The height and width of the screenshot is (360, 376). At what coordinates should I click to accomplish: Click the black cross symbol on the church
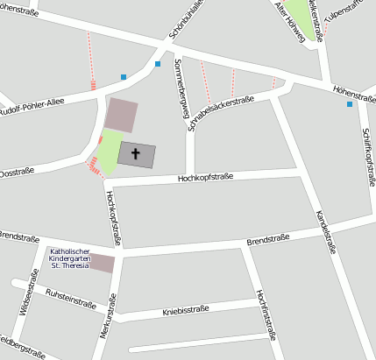coord(136,154)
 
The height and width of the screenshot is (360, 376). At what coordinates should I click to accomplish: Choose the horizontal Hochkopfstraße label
coord(204,177)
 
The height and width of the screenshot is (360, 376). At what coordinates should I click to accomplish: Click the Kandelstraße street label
coord(326,229)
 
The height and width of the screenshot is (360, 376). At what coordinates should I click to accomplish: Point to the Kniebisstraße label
coord(185,310)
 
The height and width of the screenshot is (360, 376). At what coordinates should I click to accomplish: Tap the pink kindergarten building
coord(103,263)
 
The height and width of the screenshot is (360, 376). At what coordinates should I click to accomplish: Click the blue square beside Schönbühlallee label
coord(158,64)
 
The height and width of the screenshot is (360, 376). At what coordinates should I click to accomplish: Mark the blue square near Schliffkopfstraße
coord(350,104)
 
